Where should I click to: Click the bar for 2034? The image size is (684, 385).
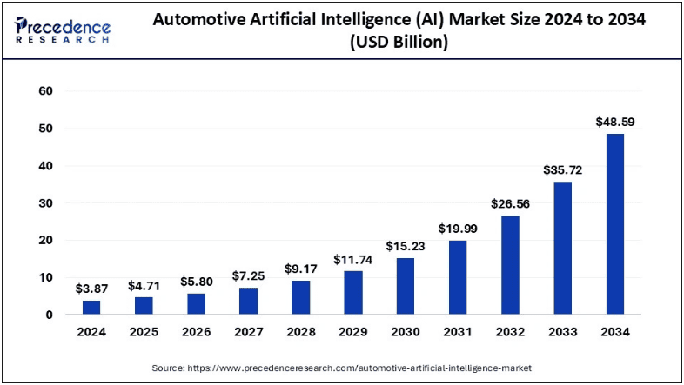615,223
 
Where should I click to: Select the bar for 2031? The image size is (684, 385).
459,277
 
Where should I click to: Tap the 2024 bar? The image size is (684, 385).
91,307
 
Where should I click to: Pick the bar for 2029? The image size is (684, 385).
352,292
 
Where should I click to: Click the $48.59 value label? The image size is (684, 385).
615,123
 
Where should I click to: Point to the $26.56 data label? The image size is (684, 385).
511,204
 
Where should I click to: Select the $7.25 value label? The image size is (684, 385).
248,276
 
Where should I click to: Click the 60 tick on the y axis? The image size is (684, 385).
46,91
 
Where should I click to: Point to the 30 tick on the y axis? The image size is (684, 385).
46,203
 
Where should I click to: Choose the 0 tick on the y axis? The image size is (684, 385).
50,315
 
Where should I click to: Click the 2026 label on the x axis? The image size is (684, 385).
196,332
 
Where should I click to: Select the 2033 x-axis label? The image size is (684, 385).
563,332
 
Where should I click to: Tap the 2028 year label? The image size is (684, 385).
300,332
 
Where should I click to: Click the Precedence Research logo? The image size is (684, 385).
63,30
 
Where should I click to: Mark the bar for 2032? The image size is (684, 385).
511,265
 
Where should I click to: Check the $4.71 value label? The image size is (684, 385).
144,286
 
